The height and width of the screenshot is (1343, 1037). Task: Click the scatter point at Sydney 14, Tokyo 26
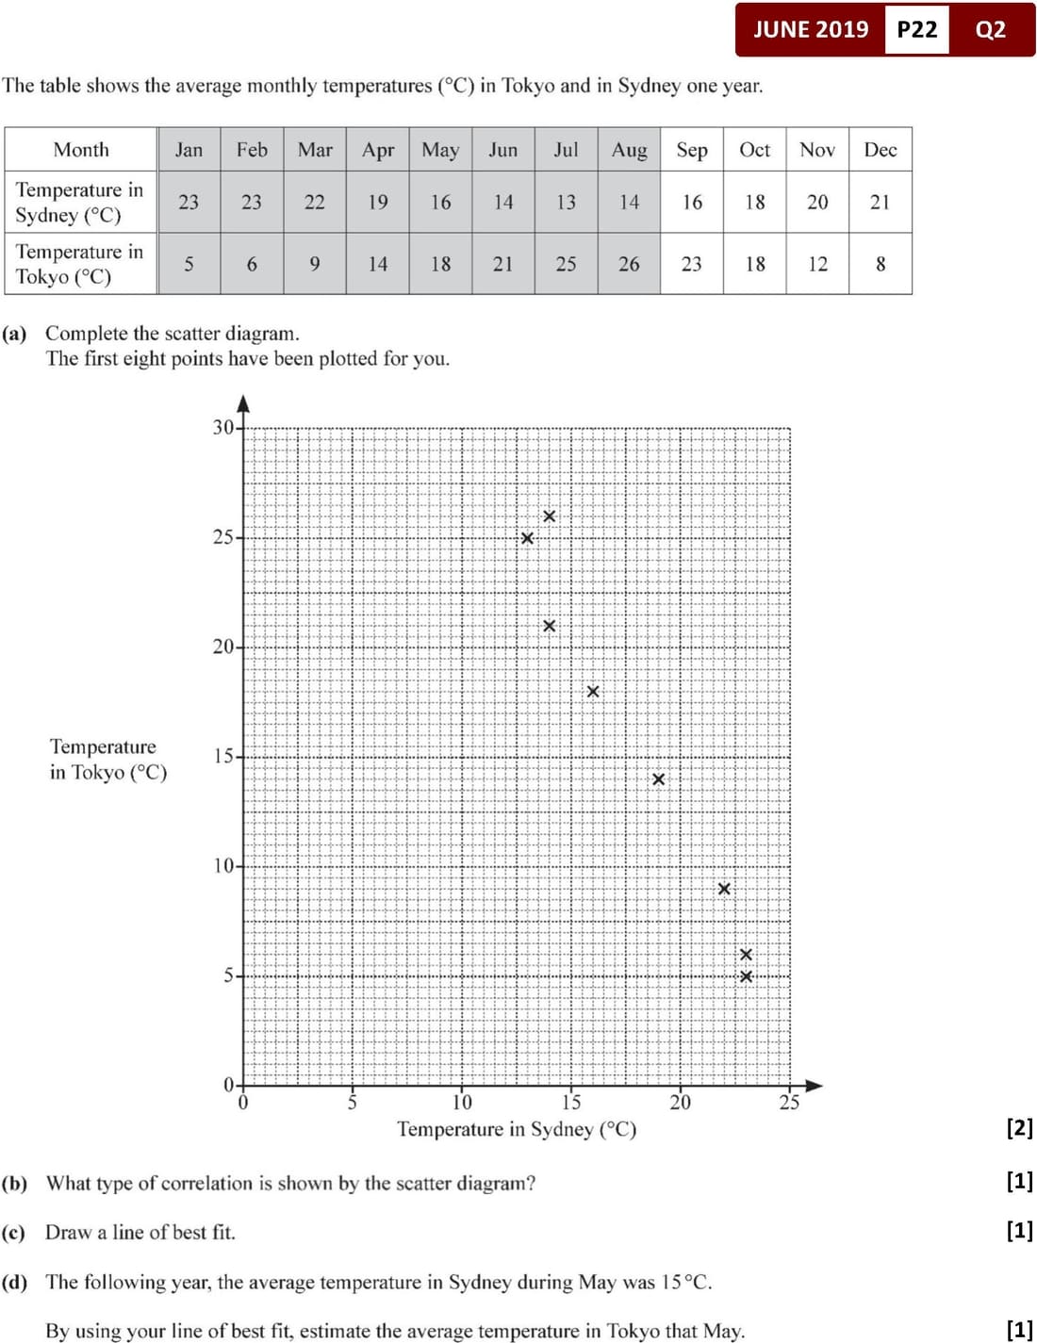(550, 516)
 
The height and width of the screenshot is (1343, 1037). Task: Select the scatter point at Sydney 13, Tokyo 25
(527, 538)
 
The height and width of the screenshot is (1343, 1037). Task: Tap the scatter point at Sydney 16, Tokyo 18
(593, 692)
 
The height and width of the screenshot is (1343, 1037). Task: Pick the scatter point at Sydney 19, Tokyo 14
(659, 779)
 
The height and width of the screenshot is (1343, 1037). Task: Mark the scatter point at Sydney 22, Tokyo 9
(724, 889)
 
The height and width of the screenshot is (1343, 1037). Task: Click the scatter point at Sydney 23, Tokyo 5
(746, 976)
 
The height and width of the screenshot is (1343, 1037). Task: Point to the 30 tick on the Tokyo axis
(223, 428)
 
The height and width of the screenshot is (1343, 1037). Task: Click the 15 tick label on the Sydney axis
(571, 1103)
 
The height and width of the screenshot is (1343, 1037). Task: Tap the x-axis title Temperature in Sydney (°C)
(517, 1129)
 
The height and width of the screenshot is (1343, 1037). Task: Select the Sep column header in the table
(692, 150)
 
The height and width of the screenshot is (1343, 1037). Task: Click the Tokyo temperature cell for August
(629, 264)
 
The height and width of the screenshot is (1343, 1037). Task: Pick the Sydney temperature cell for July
(566, 202)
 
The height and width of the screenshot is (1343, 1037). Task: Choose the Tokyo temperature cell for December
(881, 264)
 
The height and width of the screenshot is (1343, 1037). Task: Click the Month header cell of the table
(81, 150)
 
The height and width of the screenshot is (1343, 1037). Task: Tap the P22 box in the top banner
(916, 29)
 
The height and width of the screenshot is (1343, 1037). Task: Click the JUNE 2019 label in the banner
(811, 29)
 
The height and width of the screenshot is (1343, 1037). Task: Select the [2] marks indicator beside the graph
(1019, 1127)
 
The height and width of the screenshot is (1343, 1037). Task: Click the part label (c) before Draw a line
(14, 1233)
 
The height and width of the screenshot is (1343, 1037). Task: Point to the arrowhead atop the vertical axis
(243, 403)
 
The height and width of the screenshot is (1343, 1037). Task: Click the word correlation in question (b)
(209, 1183)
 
